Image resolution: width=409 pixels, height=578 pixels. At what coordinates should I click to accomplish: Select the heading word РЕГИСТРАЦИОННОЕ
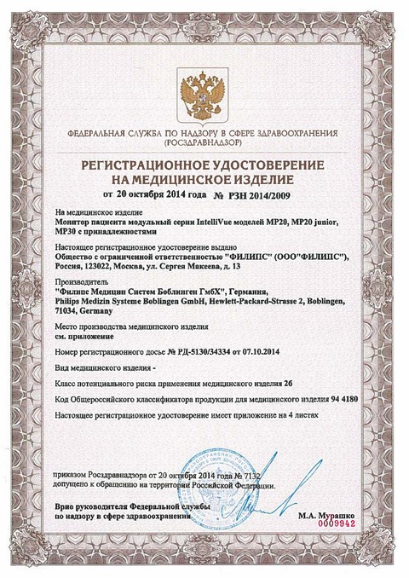148,163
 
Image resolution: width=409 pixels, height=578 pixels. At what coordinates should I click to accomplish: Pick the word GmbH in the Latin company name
192,300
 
